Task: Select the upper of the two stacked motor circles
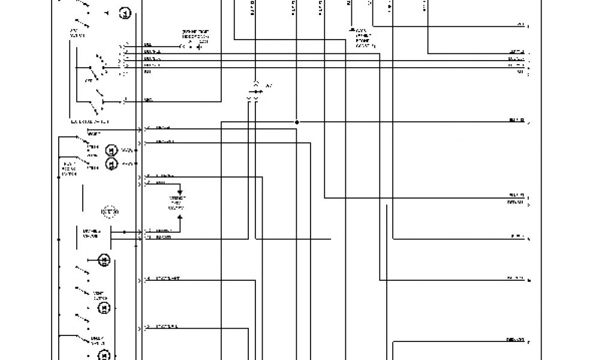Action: tap(111, 150)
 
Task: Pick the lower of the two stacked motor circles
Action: tap(111, 163)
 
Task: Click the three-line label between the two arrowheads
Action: tap(177, 203)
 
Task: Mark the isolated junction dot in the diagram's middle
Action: tap(297, 122)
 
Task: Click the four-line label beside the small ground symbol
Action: tap(363, 37)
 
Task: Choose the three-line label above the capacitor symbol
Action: tap(195, 36)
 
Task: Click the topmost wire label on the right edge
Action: tap(520, 26)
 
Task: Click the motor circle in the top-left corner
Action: tap(125, 13)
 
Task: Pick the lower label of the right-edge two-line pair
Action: tap(515, 202)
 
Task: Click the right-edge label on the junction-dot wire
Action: tap(516, 121)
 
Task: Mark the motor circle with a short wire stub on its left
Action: tap(104, 260)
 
